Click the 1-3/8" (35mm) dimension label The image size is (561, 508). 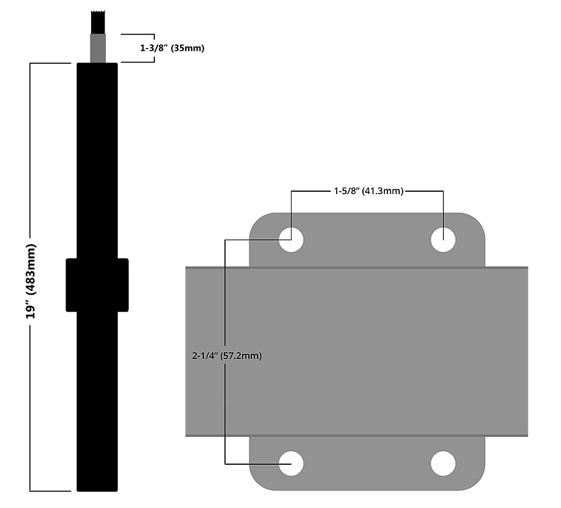(x=172, y=49)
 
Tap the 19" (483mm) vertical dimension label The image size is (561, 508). (x=31, y=281)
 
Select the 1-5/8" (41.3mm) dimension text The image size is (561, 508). (x=368, y=191)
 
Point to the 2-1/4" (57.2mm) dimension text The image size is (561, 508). (x=227, y=355)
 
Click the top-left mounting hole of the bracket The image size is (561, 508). (x=291, y=240)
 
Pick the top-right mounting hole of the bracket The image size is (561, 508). (x=443, y=240)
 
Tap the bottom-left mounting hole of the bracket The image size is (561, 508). (x=291, y=464)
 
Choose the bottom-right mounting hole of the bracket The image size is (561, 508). (x=443, y=464)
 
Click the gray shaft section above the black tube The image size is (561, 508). (x=98, y=48)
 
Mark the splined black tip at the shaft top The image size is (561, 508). (x=98, y=22)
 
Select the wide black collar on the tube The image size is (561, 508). (x=97, y=284)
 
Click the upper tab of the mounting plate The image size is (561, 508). (x=367, y=240)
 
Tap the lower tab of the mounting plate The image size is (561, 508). (x=367, y=464)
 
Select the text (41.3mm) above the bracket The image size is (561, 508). (x=383, y=191)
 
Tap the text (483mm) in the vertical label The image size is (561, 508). (x=31, y=269)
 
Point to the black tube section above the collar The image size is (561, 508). (x=97, y=158)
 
